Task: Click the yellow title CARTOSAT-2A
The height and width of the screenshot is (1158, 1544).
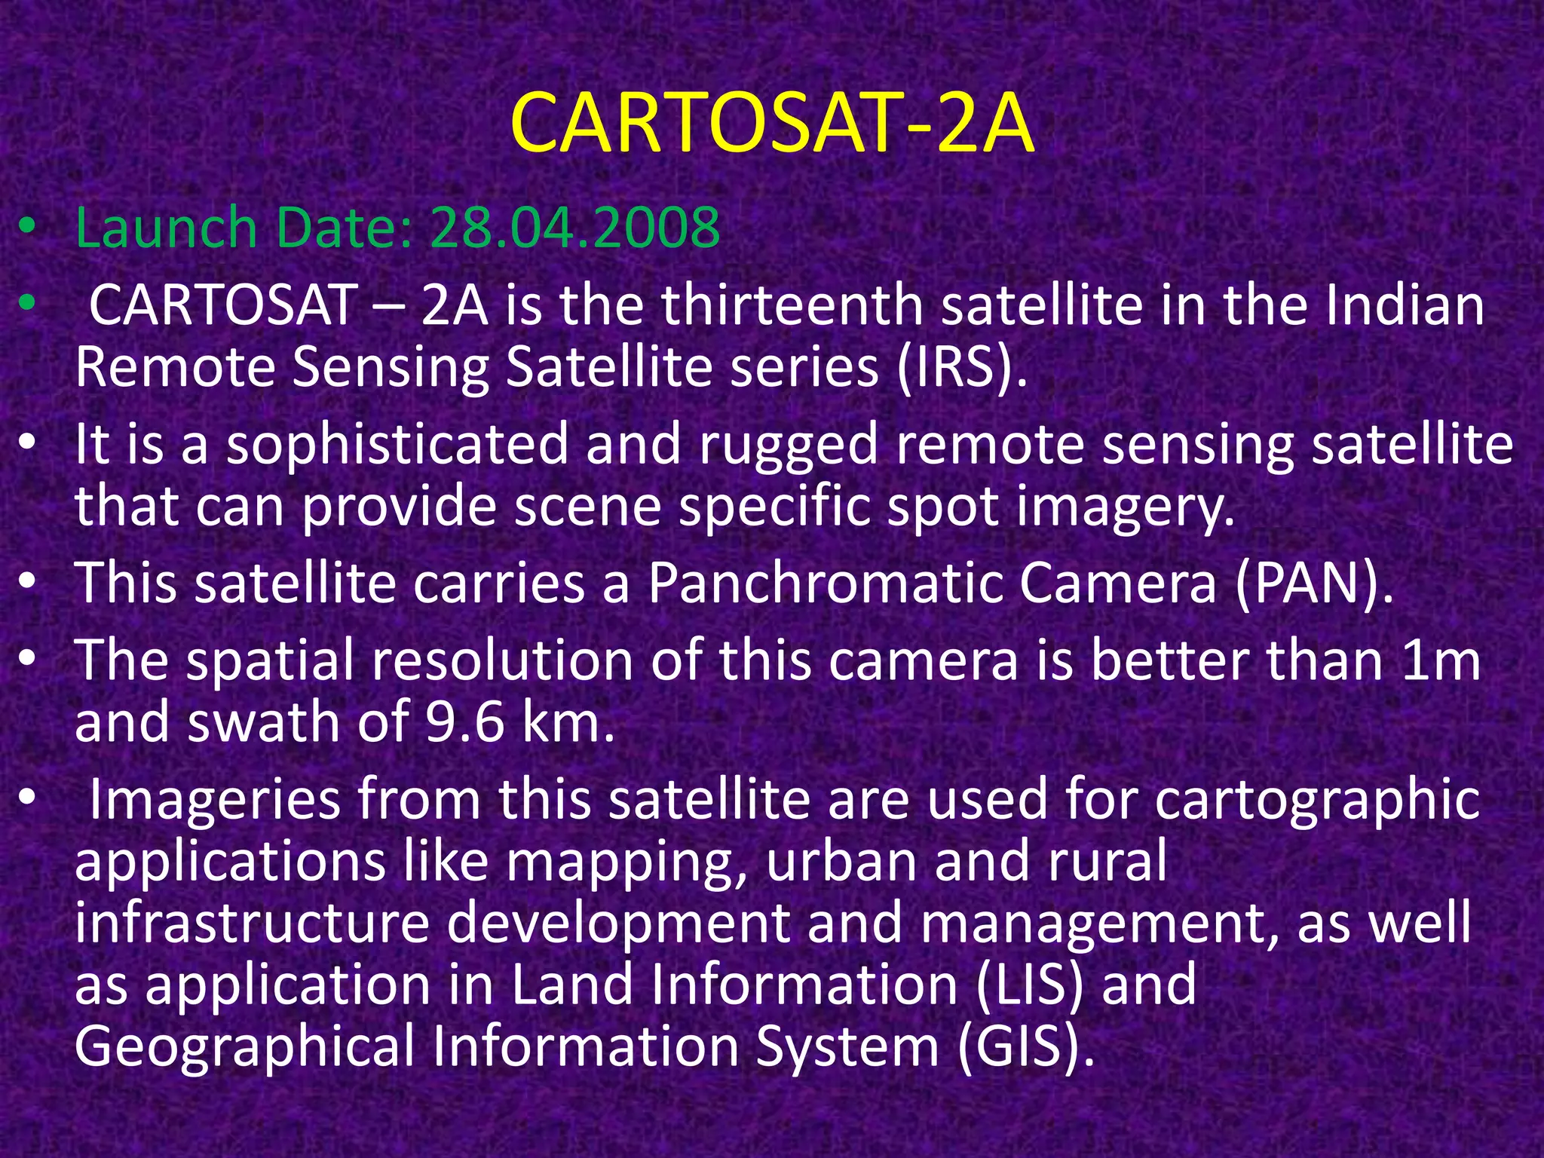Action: [771, 123]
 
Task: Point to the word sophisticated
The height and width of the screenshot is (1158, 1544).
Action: [398, 445]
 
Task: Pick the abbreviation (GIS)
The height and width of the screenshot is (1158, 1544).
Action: [1025, 1047]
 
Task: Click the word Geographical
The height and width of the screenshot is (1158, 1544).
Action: [245, 1047]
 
